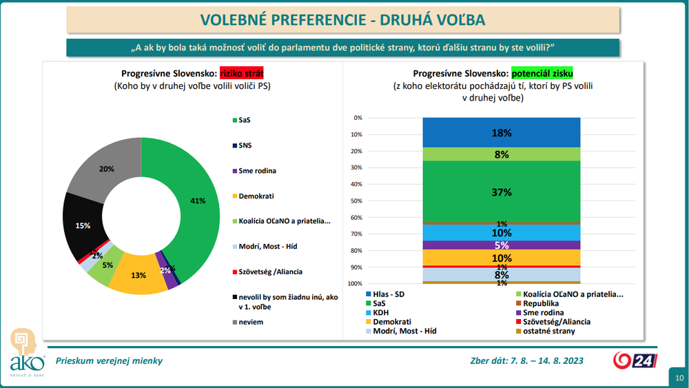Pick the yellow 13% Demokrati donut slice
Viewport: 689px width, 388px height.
pyautogui.click(x=138, y=275)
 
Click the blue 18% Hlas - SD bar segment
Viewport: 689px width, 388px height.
pyautogui.click(x=501, y=132)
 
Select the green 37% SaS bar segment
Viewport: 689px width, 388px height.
pyautogui.click(x=501, y=192)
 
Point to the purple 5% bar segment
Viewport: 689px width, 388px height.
pyautogui.click(x=501, y=245)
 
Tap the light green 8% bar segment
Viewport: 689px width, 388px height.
pyautogui.click(x=501, y=154)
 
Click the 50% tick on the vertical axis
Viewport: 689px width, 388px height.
pyautogui.click(x=357, y=201)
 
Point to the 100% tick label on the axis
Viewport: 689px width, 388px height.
pyautogui.click(x=356, y=284)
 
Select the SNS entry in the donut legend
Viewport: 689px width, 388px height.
pyautogui.click(x=245, y=145)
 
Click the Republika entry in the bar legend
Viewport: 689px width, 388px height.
pyautogui.click(x=539, y=303)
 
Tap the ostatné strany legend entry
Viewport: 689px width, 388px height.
pyautogui.click(x=546, y=331)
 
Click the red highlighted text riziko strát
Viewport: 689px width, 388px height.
pyautogui.click(x=242, y=73)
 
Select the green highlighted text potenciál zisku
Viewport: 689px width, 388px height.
pyautogui.click(x=542, y=73)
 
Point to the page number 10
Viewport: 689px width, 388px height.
pyautogui.click(x=679, y=378)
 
